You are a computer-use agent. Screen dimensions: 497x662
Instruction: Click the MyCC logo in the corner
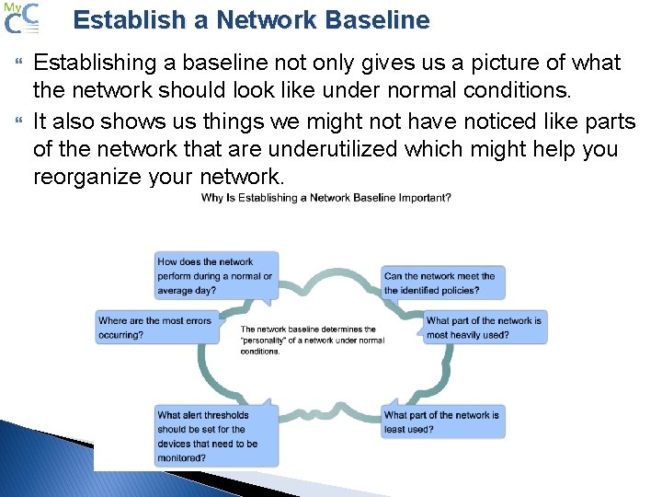tap(20, 18)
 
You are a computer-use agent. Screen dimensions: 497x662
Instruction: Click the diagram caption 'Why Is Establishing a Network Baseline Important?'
tap(325, 198)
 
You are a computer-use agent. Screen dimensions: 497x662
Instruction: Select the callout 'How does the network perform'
tap(216, 275)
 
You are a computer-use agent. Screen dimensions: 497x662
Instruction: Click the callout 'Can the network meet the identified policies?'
tap(442, 283)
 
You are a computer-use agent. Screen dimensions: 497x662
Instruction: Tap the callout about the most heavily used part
tap(485, 328)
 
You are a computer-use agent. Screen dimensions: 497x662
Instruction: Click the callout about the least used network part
tap(442, 422)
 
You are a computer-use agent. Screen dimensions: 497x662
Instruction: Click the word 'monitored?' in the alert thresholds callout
tap(182, 457)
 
